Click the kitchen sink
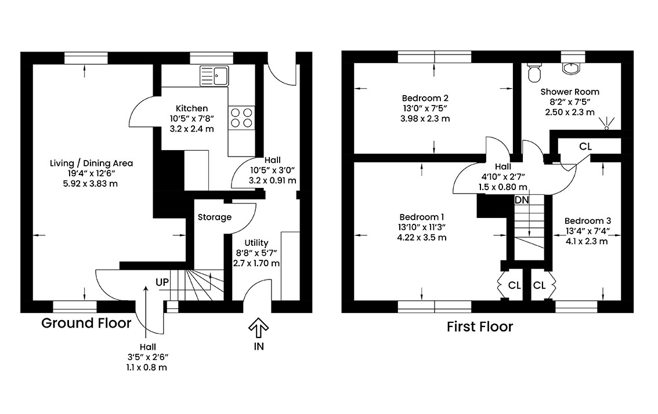coord(215,75)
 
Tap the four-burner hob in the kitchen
coord(241,118)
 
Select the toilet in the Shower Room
coord(534,71)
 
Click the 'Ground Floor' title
coord(86,323)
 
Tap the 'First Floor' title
coord(480,327)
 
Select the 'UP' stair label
coord(162,282)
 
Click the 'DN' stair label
coord(522,200)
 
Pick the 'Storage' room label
coord(215,217)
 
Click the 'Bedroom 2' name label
coord(425,98)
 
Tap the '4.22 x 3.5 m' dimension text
coord(422,237)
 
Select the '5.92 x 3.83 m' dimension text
coord(91,183)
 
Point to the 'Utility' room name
coord(256,242)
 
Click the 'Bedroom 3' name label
coord(587,221)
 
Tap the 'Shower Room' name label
coord(570,92)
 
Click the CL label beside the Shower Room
coord(585,147)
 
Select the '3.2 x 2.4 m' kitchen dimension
coord(191,129)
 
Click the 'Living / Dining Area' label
coord(91,163)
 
